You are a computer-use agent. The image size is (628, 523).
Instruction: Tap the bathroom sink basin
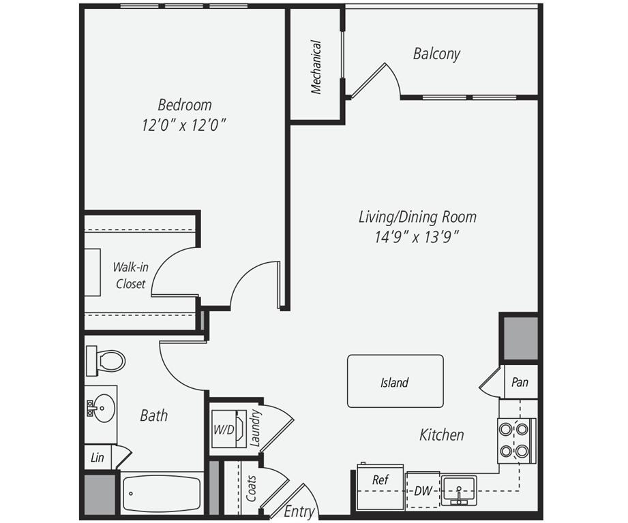pyautogui.click(x=102, y=407)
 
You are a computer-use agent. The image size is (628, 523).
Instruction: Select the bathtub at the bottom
pyautogui.click(x=161, y=493)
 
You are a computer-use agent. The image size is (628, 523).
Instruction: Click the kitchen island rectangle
pyautogui.click(x=395, y=381)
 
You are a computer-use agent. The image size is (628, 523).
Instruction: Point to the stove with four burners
pyautogui.click(x=515, y=440)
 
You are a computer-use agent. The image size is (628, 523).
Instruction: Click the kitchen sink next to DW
pyautogui.click(x=459, y=490)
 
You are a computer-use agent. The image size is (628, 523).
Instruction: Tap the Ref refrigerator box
pyautogui.click(x=380, y=480)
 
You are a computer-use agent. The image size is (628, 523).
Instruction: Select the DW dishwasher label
pyautogui.click(x=423, y=491)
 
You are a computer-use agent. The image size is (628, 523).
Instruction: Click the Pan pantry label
pyautogui.click(x=520, y=383)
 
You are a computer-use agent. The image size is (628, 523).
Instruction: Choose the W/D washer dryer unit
pyautogui.click(x=226, y=429)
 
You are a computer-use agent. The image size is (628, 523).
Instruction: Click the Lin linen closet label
pyautogui.click(x=98, y=458)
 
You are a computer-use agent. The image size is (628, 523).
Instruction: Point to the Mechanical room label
pyautogui.click(x=316, y=66)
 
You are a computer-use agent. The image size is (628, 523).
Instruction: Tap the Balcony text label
pyautogui.click(x=436, y=54)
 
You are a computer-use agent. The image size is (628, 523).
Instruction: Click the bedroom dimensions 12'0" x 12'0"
pyautogui.click(x=184, y=125)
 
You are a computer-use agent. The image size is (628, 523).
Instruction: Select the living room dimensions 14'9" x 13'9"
pyautogui.click(x=417, y=237)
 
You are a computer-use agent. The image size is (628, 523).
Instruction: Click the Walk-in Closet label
pyautogui.click(x=130, y=276)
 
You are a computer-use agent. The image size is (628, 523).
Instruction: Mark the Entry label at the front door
pyautogui.click(x=299, y=511)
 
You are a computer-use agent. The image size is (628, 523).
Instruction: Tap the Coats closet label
pyautogui.click(x=251, y=488)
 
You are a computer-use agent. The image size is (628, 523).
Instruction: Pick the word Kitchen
pyautogui.click(x=441, y=434)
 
